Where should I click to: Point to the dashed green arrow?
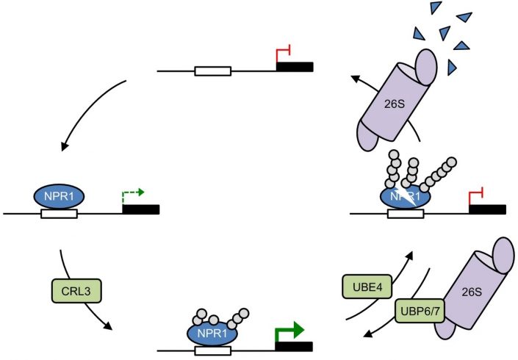coord(132,193)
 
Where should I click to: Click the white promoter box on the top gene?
coord(212,71)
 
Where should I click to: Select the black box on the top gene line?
coord(295,68)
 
